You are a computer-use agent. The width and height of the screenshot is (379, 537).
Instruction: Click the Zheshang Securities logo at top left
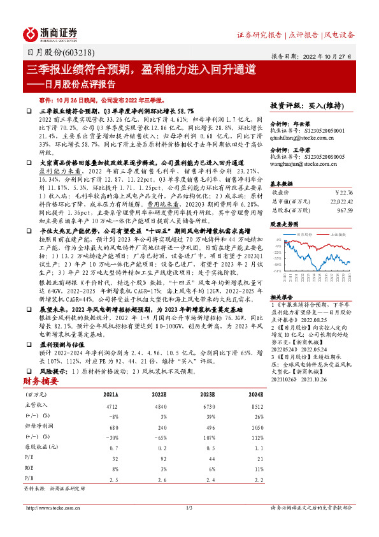[51, 33]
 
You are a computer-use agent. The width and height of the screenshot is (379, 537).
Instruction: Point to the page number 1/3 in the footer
[189, 508]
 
